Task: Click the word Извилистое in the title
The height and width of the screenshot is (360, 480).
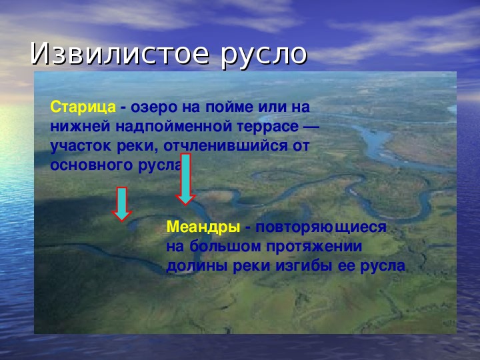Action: (x=120, y=53)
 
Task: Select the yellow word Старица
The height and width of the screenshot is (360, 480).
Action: (x=83, y=108)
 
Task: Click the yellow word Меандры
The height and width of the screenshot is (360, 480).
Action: (x=203, y=227)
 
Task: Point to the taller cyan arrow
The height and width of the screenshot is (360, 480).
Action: (x=185, y=179)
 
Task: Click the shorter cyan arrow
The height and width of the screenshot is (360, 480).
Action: (x=122, y=204)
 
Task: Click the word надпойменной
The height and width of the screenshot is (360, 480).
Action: (x=173, y=127)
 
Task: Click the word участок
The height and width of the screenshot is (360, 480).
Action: (x=81, y=147)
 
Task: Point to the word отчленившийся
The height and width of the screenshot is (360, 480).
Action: (x=225, y=146)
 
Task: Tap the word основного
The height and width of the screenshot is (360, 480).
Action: (x=91, y=165)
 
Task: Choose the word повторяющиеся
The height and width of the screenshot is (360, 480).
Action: (x=321, y=227)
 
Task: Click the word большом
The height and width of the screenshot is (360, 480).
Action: (x=225, y=246)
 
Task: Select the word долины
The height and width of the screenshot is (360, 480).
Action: (x=197, y=266)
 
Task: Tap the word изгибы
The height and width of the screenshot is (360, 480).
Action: (x=304, y=266)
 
